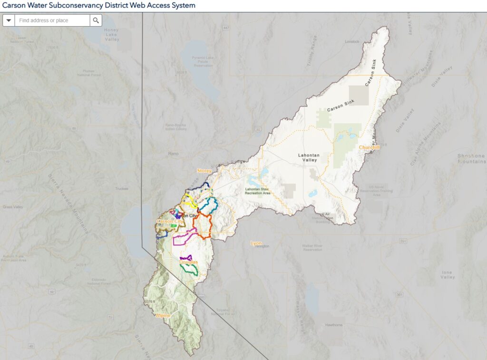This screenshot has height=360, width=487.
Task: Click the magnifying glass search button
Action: (96, 20)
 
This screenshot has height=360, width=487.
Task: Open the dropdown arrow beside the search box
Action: (9, 20)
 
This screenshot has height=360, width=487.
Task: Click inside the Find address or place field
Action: (52, 20)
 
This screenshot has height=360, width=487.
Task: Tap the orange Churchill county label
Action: (369, 147)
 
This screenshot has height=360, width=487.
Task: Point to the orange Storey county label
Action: (204, 170)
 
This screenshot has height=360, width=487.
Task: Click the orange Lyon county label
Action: (256, 243)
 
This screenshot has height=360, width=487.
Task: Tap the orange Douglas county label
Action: (188, 262)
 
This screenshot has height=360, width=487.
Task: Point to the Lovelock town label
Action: (352, 41)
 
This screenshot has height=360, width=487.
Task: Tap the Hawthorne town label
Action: (334, 325)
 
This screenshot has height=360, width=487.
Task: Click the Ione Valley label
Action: (447, 274)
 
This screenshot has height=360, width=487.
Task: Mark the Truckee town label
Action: (121, 189)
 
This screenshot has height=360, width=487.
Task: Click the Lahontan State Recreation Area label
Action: (257, 191)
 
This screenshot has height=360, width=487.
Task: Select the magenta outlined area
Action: (185, 237)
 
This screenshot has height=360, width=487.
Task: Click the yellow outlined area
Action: (191, 200)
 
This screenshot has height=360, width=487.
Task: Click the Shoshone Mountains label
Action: (470, 158)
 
